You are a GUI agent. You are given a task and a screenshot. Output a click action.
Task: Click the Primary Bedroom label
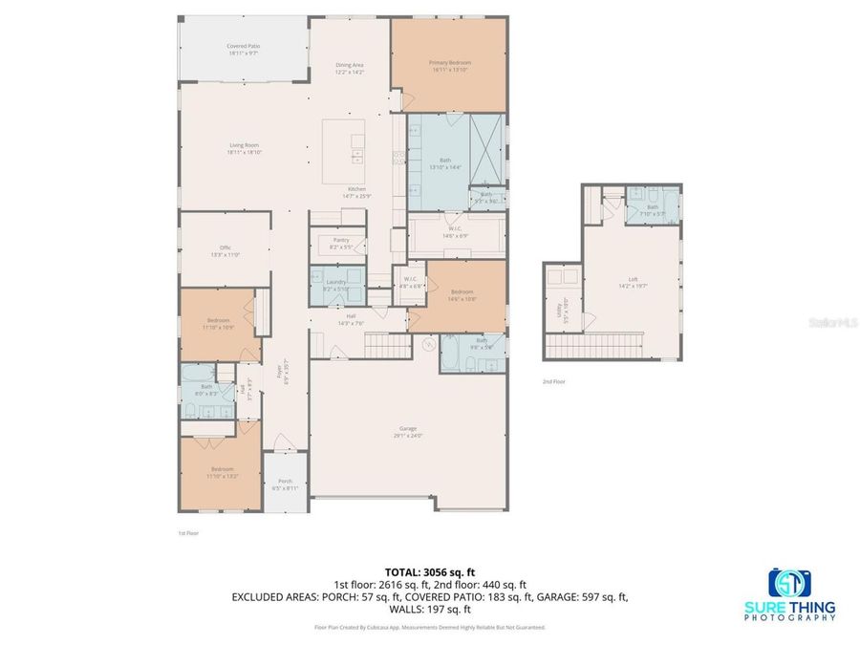[448, 66]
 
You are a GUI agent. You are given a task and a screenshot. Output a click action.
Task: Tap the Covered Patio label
[244, 49]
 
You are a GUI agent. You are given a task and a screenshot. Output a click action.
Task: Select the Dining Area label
[349, 68]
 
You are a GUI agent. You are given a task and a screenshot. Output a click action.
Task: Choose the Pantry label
[341, 243]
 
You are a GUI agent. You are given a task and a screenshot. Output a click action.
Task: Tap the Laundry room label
[335, 284]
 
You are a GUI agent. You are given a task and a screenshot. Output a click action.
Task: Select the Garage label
[408, 431]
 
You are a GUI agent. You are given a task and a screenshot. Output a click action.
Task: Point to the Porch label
[285, 484]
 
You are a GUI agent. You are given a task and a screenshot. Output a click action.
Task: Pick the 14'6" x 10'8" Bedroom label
[462, 295]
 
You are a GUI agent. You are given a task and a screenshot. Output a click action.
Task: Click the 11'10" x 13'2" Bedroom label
[219, 472]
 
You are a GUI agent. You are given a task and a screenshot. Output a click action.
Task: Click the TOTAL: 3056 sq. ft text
[429, 572]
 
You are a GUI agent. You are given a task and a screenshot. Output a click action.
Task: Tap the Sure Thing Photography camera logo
[789, 583]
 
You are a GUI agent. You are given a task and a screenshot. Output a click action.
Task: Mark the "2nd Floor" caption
[554, 381]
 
